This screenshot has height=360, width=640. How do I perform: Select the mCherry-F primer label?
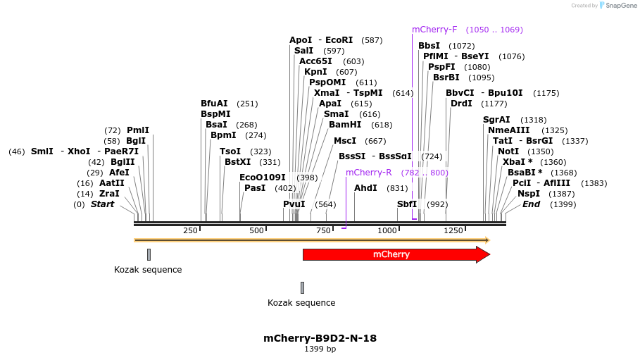(x=434, y=30)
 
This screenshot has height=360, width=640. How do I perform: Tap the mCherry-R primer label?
(x=368, y=173)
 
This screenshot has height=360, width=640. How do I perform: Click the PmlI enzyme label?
(x=138, y=130)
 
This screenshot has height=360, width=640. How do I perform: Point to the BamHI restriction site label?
(x=345, y=125)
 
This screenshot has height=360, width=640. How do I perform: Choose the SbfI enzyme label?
(x=407, y=204)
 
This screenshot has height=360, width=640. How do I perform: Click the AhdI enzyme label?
(x=365, y=188)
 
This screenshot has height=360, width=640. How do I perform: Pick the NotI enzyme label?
(x=508, y=151)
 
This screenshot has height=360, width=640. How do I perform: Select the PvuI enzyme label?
(x=294, y=204)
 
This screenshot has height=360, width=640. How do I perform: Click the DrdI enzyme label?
(x=461, y=104)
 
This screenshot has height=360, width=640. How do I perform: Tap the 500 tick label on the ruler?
(x=256, y=230)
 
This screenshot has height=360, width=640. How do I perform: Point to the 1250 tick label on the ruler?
(x=453, y=230)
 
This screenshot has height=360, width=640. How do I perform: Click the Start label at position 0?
(x=102, y=204)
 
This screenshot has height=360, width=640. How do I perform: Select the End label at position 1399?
(x=532, y=204)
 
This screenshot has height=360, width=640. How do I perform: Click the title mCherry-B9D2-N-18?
(x=320, y=338)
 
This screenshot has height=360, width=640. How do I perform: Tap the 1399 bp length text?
(x=320, y=349)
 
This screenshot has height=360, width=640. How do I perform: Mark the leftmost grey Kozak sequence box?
(x=149, y=254)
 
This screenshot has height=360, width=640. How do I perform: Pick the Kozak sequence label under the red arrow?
(x=301, y=303)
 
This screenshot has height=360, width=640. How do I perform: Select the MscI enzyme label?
(x=345, y=141)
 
